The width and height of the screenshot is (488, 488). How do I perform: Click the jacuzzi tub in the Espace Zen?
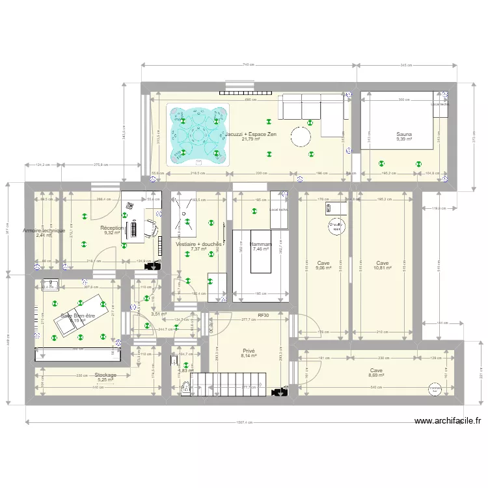pyautogui.click(x=198, y=133)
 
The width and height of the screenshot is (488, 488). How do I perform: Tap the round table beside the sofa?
pyautogui.click(x=301, y=137)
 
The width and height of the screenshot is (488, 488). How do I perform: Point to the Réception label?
pyautogui.click(x=113, y=228)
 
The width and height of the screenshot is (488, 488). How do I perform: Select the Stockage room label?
pyautogui.click(x=105, y=375)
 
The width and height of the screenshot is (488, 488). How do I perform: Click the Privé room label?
pyautogui.click(x=249, y=350)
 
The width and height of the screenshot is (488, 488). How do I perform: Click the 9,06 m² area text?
pyautogui.click(x=323, y=267)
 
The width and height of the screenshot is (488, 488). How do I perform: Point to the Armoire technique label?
pyautogui.click(x=44, y=230)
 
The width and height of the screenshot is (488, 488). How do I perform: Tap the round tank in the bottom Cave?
pyautogui.click(x=434, y=388)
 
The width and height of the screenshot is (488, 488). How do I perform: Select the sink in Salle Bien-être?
pyautogui.click(x=49, y=284)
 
